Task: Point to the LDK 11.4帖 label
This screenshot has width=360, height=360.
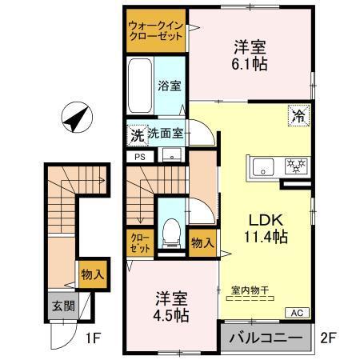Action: pyautogui.click(x=266, y=228)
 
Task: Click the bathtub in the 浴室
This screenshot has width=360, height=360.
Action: pyautogui.click(x=142, y=86)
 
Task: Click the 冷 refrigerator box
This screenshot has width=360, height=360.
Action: pyautogui.click(x=298, y=115)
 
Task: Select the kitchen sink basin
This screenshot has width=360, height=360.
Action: pyautogui.click(x=263, y=168)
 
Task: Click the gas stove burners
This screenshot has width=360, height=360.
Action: pyautogui.click(x=297, y=167)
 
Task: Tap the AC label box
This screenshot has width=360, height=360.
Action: pyautogui.click(x=294, y=313)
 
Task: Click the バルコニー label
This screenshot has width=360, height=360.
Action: pyautogui.click(x=266, y=338)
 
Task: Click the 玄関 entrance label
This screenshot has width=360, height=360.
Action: pyautogui.click(x=62, y=306)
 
